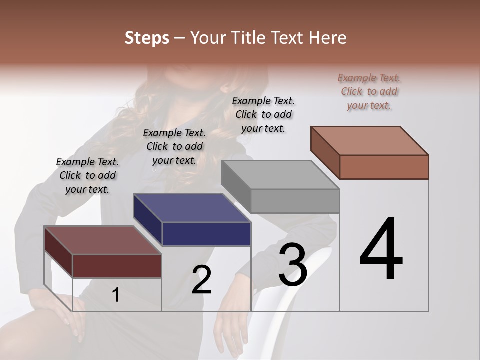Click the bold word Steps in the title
147,38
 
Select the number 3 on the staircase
293,265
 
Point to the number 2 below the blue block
201,280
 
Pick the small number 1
116,295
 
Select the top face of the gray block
280,175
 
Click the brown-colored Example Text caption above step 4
369,91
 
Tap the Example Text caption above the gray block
263,114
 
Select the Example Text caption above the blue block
174,146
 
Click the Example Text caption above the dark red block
87,175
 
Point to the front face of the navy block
207,234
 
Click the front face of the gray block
295,201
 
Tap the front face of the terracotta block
384,167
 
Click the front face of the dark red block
117,266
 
